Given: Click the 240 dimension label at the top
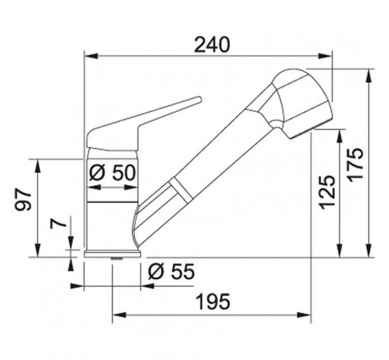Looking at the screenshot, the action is tap(212, 45).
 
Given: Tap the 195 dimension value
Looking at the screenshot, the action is tap(213, 302).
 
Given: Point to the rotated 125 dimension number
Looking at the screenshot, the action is tap(327, 192).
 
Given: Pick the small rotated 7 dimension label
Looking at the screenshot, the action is tap(58, 224).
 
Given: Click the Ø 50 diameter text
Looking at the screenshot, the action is tap(112, 173).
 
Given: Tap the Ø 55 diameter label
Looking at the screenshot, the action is tap(171, 271).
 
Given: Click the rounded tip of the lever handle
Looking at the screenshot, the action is tap(199, 99).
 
